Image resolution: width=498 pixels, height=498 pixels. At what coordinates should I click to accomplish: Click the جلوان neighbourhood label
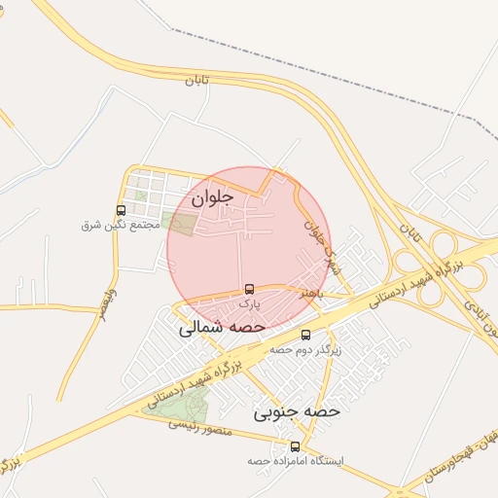pyautogui.click(x=213, y=196)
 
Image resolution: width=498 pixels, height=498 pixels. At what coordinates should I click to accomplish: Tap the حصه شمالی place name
pyautogui.click(x=223, y=329)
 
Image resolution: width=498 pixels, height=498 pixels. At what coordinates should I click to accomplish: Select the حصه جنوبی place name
pyautogui.click(x=297, y=411)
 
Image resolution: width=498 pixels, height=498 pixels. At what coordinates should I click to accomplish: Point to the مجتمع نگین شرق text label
pyautogui.click(x=120, y=225)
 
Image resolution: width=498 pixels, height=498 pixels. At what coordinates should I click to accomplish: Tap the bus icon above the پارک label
pyautogui.click(x=250, y=289)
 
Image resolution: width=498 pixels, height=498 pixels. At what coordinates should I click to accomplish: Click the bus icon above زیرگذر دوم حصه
pyautogui.click(x=307, y=336)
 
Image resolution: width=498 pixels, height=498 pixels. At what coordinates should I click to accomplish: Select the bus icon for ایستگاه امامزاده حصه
pyautogui.click(x=296, y=446)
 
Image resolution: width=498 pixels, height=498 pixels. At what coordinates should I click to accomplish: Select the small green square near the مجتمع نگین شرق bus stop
pyautogui.click(x=142, y=196)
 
